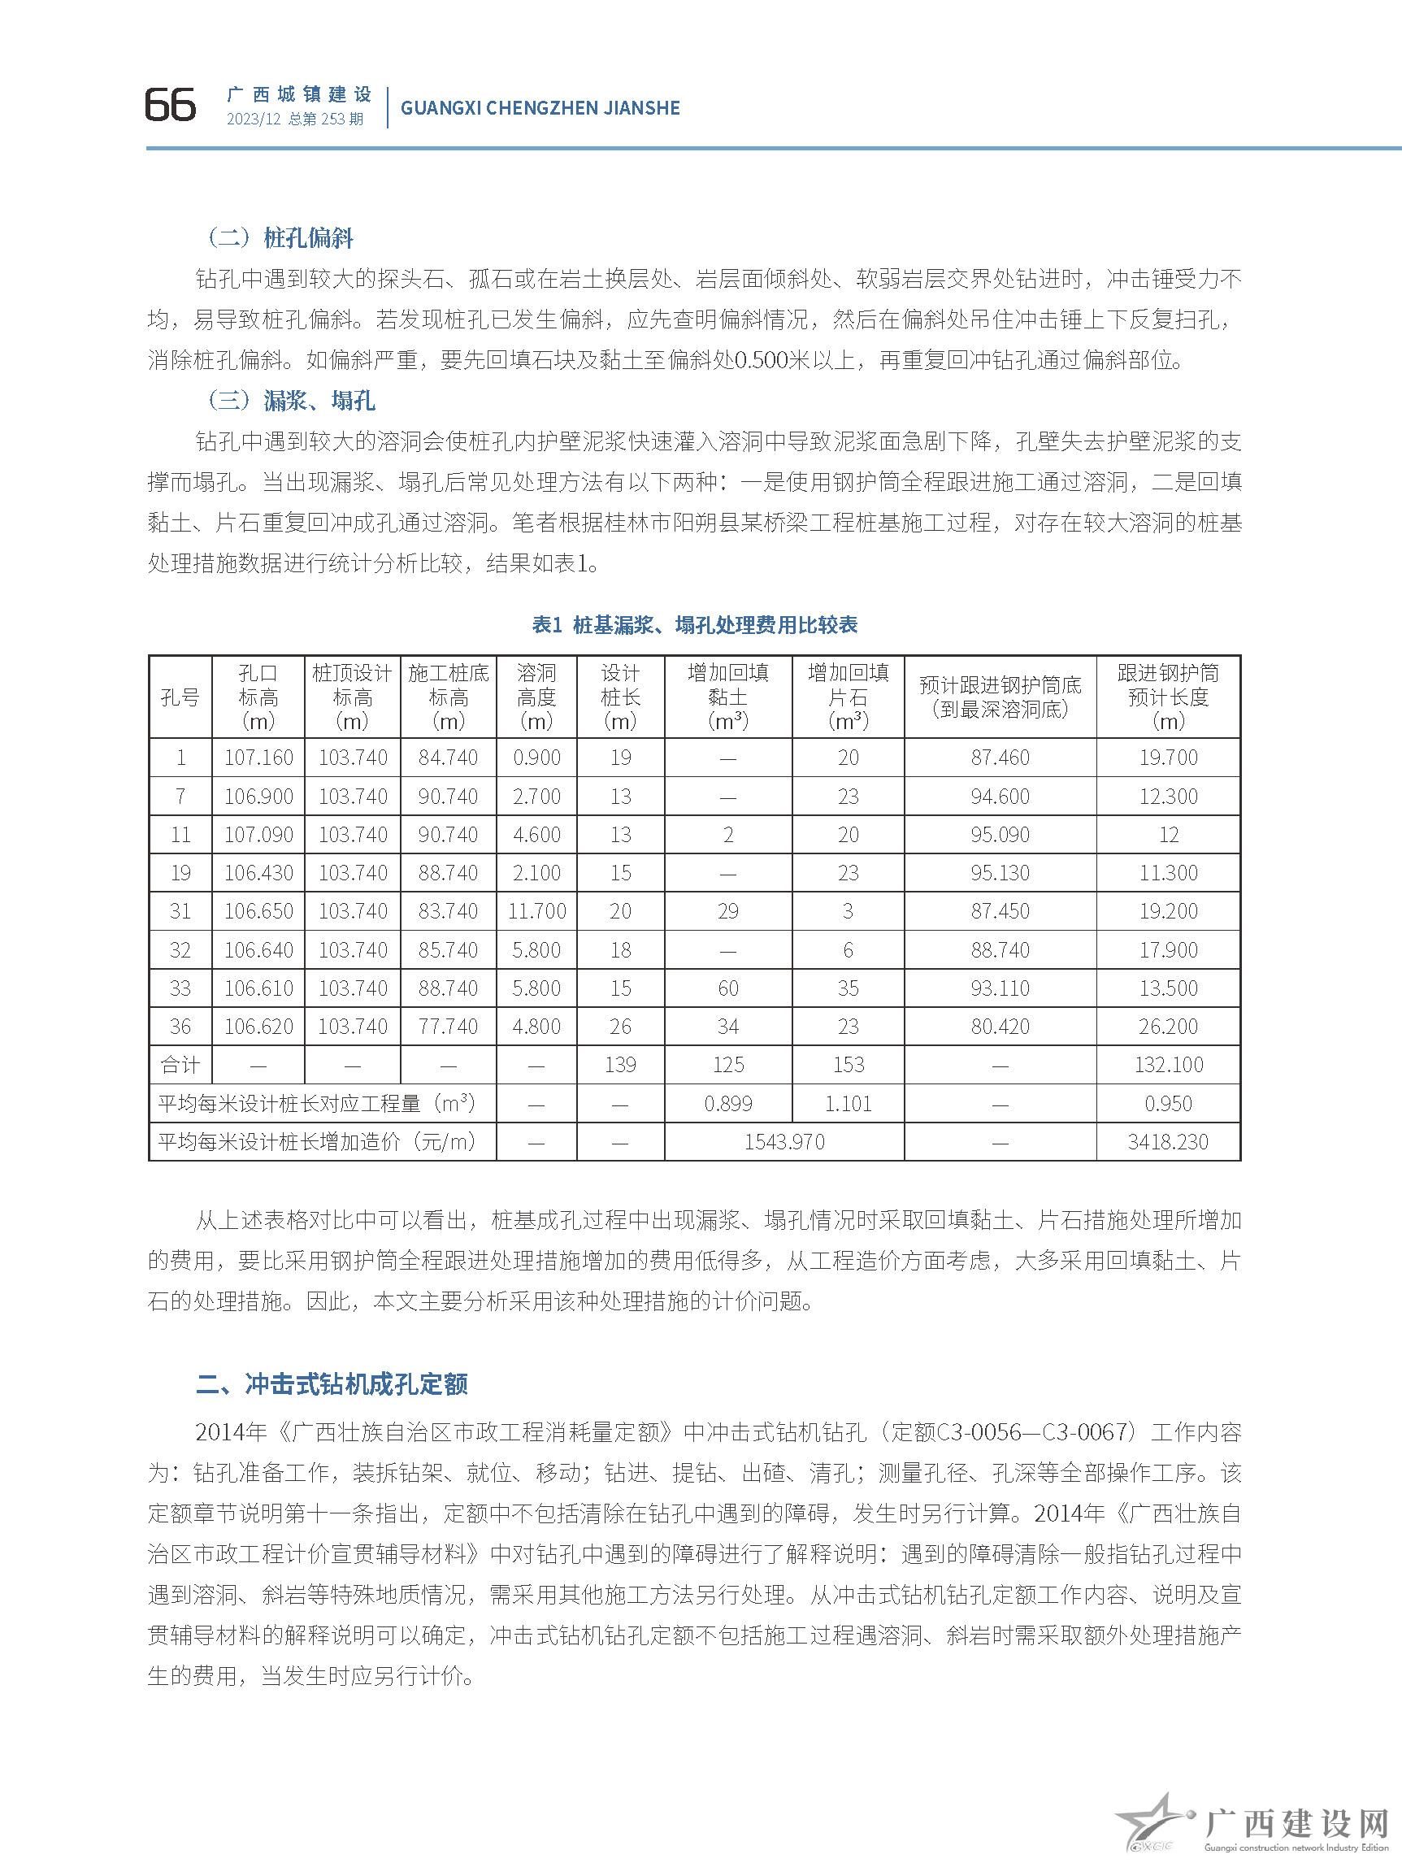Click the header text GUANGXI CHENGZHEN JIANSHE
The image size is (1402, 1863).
click(x=540, y=108)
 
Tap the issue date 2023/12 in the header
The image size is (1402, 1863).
click(x=253, y=119)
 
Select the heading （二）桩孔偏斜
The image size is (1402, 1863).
click(x=280, y=238)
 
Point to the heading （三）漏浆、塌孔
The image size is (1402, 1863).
click(x=291, y=400)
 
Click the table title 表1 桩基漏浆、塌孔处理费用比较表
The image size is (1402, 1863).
click(x=695, y=624)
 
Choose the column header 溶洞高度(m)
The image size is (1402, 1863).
click(x=536, y=697)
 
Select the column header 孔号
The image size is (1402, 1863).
click(x=180, y=697)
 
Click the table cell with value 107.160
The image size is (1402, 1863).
click(x=258, y=758)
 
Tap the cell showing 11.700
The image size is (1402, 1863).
click(x=536, y=910)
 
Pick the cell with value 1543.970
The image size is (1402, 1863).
click(x=784, y=1141)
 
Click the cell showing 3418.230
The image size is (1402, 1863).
click(x=1167, y=1141)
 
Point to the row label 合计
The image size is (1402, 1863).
click(x=180, y=1065)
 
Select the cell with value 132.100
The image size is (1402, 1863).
click(x=1167, y=1065)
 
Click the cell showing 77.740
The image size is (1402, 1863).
click(x=448, y=1026)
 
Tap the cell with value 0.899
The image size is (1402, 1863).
click(x=727, y=1103)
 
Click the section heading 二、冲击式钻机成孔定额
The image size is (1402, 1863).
click(x=331, y=1383)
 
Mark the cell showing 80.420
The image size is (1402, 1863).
click(x=1000, y=1026)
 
